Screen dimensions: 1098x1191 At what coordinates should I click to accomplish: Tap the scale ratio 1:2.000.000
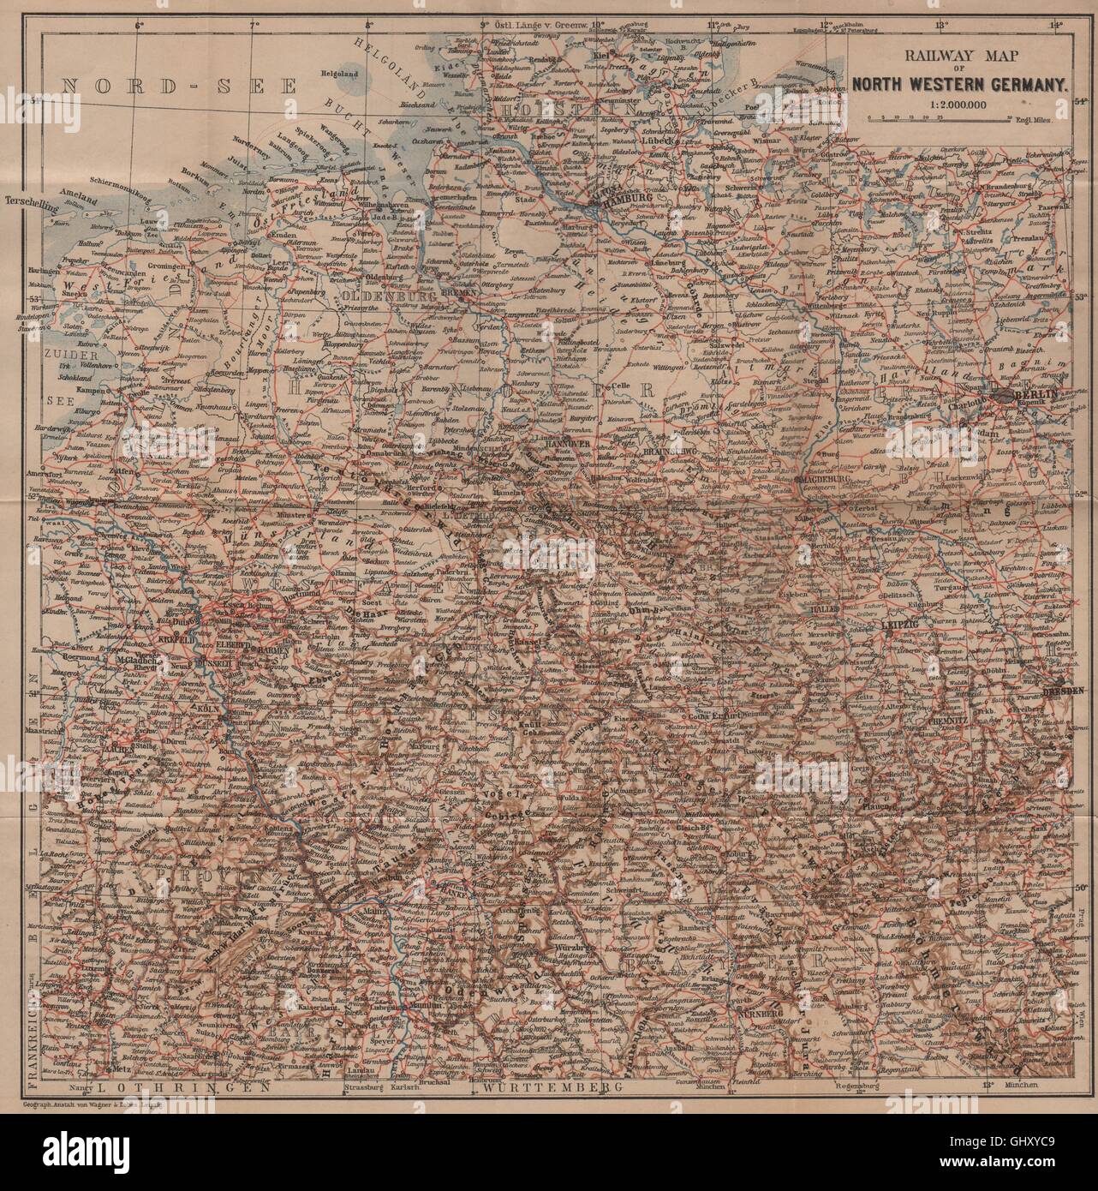(x=957, y=102)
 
